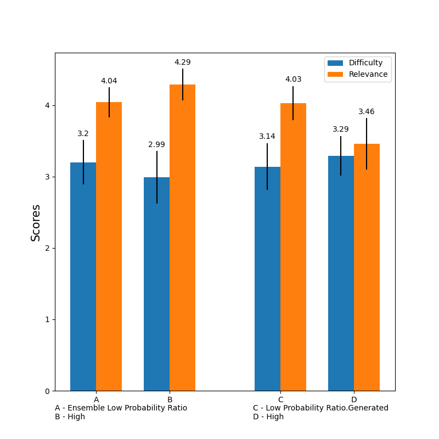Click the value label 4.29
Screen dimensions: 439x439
click(182, 63)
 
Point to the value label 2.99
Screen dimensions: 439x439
click(156, 145)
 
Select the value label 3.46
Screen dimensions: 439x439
click(366, 112)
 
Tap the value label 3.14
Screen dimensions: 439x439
click(267, 137)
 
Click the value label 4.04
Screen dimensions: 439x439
click(109, 81)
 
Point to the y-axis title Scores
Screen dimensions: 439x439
click(36, 222)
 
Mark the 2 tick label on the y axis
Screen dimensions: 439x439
click(47, 248)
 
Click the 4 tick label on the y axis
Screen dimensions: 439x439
click(47, 105)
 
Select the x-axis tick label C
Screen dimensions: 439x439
click(280, 399)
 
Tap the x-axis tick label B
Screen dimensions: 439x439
click(170, 399)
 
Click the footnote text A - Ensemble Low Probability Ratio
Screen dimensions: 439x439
click(121, 408)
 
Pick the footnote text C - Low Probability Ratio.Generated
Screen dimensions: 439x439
click(320, 408)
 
